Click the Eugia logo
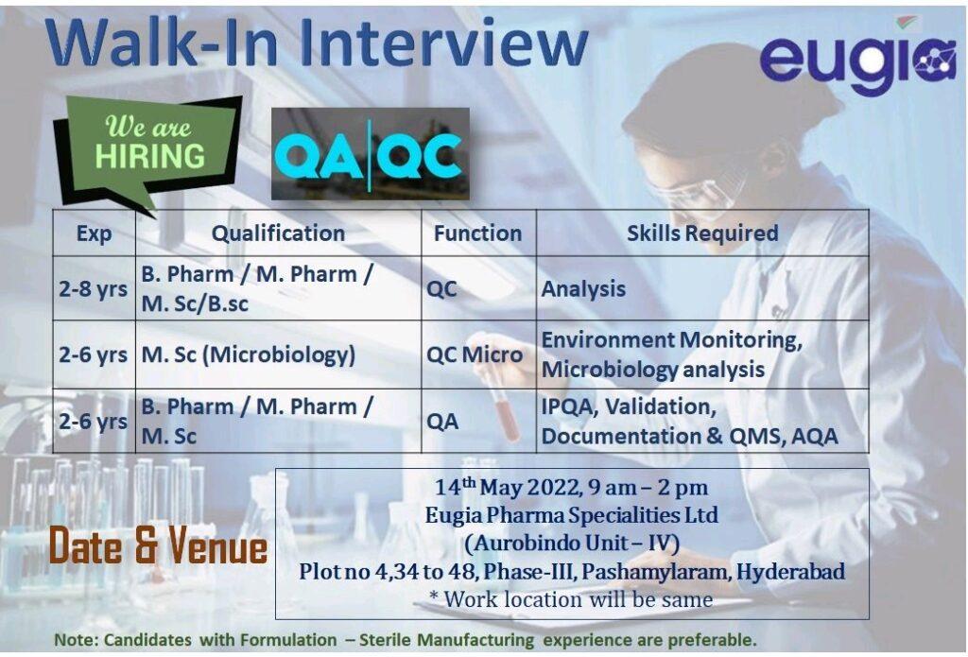pos(858,59)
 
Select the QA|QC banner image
pos(371,154)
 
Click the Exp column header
pos(94,233)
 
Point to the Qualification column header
pos(278,233)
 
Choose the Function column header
pos(477,233)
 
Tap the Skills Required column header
pos(702,233)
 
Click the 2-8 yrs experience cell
pos(94,288)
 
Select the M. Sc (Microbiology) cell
pos(249,355)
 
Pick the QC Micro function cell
pos(475,354)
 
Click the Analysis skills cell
pos(583,289)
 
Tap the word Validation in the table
pos(661,406)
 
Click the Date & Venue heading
pos(158,545)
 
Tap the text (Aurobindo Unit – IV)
pos(572,544)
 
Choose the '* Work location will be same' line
pos(571,599)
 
